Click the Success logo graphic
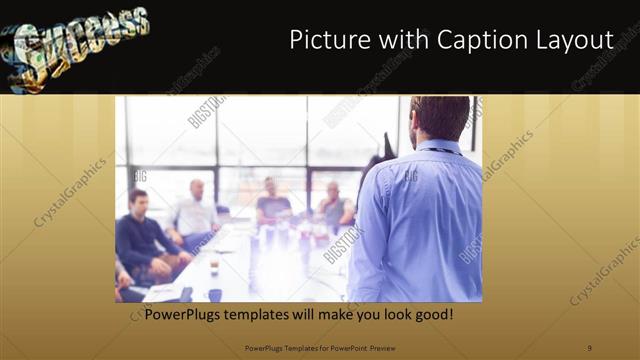click(74, 45)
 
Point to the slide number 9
click(590, 347)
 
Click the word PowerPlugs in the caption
click(189, 313)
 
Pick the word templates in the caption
click(274, 313)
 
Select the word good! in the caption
click(432, 313)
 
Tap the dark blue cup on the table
click(215, 295)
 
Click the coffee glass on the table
click(214, 263)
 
